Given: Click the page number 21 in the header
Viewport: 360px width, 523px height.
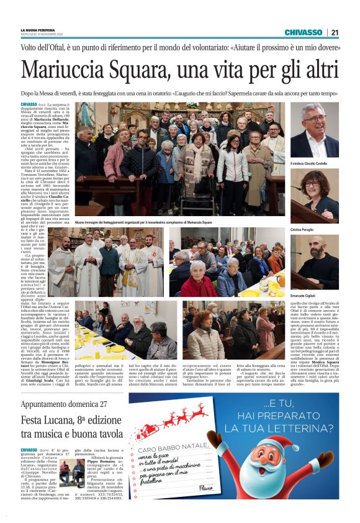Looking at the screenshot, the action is click(335, 32).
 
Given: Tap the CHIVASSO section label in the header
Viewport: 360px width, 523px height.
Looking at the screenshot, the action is click(303, 32).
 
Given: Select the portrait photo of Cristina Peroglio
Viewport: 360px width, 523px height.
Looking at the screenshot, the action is click(315, 197).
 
